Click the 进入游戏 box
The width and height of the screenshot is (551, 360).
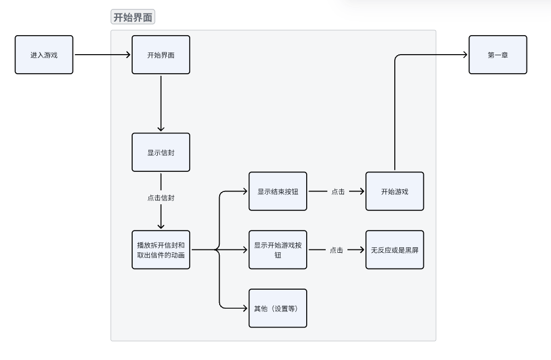coord(44,55)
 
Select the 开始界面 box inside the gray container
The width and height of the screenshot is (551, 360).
coord(161,55)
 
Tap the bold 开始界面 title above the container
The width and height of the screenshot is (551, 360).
coord(133,18)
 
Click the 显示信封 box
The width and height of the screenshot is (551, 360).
coord(161,152)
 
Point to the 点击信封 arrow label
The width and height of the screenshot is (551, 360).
coord(161,198)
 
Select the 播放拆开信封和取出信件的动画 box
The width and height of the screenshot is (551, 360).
coord(161,249)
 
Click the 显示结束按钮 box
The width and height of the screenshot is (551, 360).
coord(278,191)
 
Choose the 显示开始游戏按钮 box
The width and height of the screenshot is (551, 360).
coord(278,249)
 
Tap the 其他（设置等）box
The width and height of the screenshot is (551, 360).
coord(278,308)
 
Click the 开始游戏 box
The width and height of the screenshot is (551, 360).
coord(395,191)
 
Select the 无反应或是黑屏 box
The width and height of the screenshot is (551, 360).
coord(395,249)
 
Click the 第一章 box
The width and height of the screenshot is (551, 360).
coord(497,55)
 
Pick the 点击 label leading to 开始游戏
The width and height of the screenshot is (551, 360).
coord(338,191)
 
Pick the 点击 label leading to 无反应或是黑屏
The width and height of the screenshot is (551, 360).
coord(336,250)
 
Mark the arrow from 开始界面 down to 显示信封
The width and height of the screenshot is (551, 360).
coord(161,103)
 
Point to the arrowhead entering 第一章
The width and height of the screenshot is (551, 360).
coord(465,55)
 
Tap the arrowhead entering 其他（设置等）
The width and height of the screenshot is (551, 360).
coord(245,308)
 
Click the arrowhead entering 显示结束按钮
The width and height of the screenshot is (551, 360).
coord(245,191)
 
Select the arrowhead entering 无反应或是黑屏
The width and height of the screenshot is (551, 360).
coord(362,250)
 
